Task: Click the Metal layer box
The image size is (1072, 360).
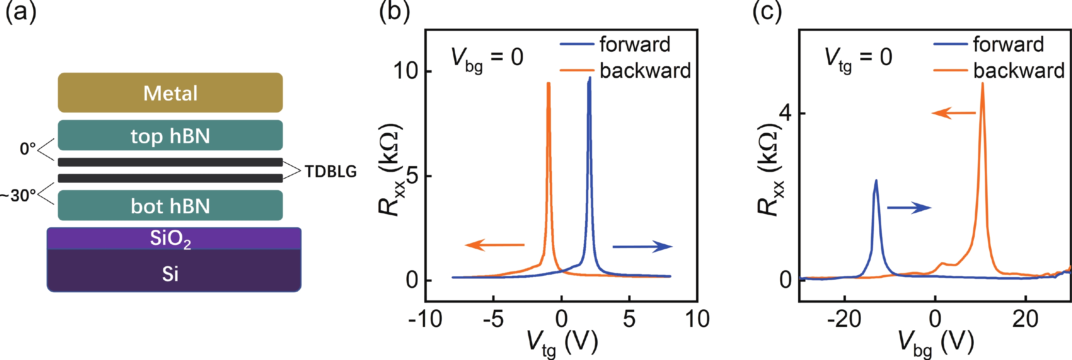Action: tap(170, 93)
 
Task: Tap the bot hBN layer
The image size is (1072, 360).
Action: tap(170, 206)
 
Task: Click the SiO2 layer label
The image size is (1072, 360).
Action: tap(170, 239)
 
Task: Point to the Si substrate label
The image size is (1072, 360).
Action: tap(170, 274)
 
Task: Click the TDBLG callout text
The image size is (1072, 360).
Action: tap(331, 171)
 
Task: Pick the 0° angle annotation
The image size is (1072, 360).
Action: tap(28, 149)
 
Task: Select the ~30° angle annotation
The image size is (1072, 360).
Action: tap(18, 195)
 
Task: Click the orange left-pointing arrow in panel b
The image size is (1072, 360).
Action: tap(494, 245)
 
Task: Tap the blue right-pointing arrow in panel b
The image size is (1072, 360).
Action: tap(643, 246)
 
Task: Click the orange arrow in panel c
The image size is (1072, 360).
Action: tap(953, 113)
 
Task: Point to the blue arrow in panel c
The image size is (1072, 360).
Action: tap(909, 208)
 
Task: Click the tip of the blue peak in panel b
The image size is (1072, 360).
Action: tap(590, 78)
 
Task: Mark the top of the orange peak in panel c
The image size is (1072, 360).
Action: tap(982, 83)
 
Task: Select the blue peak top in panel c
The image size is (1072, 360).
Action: tap(876, 181)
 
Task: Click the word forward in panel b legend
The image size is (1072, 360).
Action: tap(635, 44)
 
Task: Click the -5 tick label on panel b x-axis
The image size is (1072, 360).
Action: tap(493, 319)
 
